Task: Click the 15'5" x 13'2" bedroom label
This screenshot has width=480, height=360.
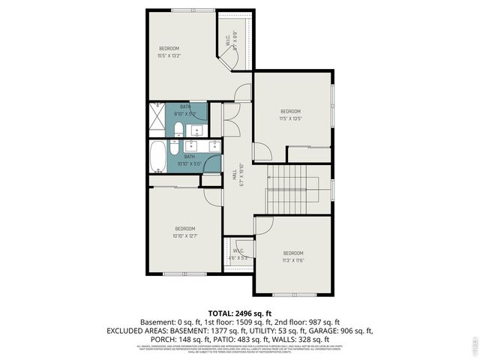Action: tap(169, 52)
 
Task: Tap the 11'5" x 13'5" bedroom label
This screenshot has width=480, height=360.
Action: tap(289, 115)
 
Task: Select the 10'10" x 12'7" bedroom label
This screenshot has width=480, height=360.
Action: tap(184, 232)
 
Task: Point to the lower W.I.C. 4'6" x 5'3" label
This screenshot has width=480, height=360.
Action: tap(238, 254)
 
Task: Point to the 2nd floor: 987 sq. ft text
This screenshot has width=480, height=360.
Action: tap(310, 321)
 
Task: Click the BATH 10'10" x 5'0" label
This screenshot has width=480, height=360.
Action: tap(190, 160)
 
